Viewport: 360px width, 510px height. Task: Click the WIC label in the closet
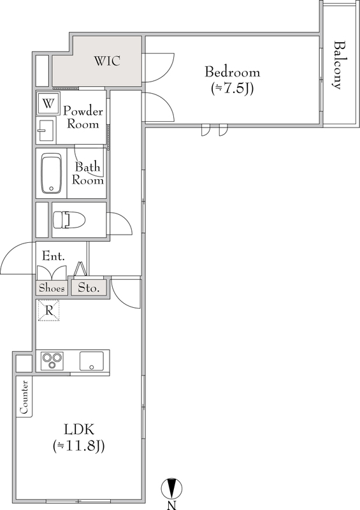pyautogui.click(x=107, y=61)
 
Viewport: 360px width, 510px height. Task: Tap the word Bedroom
pyautogui.click(x=232, y=72)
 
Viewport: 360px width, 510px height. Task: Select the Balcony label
pyautogui.click(x=338, y=65)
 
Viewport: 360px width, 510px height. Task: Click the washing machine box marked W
pyautogui.click(x=48, y=103)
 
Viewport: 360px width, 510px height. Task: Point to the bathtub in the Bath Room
pyautogui.click(x=52, y=173)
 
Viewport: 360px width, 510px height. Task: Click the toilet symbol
pyautogui.click(x=69, y=219)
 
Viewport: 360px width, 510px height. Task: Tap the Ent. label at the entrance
pyautogui.click(x=54, y=256)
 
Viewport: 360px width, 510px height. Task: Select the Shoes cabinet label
pyautogui.click(x=52, y=288)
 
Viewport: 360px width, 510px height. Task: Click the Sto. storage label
pyautogui.click(x=89, y=288)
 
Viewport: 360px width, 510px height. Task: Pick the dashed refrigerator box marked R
pyautogui.click(x=49, y=310)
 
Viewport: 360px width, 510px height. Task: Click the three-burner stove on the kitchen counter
pyautogui.click(x=52, y=360)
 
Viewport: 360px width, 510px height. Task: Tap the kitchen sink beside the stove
pyautogui.click(x=91, y=360)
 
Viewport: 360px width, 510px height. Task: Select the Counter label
pyautogui.click(x=24, y=397)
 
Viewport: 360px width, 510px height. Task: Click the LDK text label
pyautogui.click(x=79, y=430)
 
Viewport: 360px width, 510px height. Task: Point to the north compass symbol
pyautogui.click(x=171, y=488)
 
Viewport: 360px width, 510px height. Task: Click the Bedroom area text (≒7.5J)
pyautogui.click(x=232, y=89)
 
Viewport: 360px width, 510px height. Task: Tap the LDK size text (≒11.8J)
pyautogui.click(x=78, y=446)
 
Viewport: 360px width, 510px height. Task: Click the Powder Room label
pyautogui.click(x=83, y=117)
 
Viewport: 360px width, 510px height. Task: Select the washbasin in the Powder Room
pyautogui.click(x=46, y=131)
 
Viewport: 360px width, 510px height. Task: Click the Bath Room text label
pyautogui.click(x=87, y=173)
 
